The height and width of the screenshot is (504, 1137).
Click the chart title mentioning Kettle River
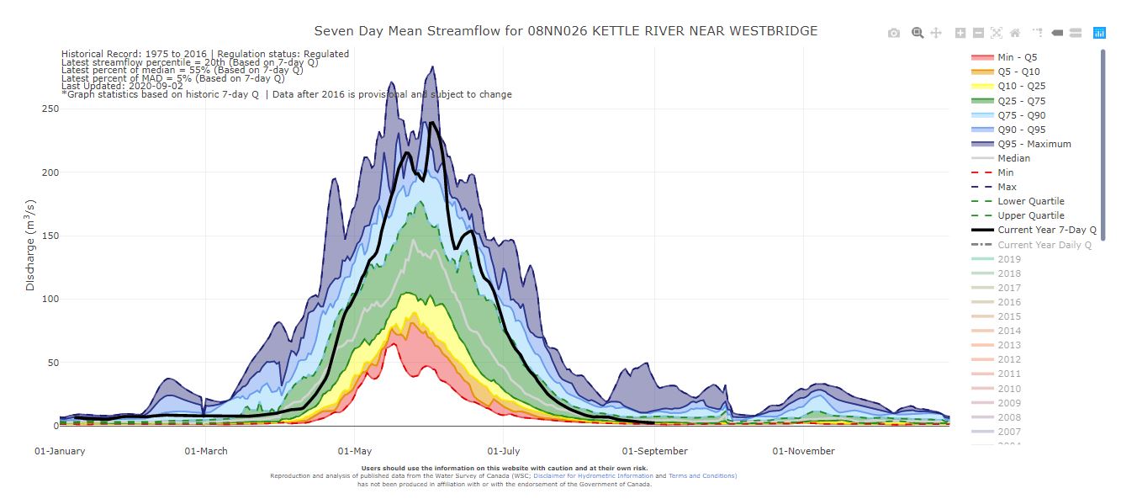click(x=565, y=31)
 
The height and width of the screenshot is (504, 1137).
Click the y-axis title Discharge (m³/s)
click(x=31, y=246)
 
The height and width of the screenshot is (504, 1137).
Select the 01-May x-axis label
click(x=355, y=451)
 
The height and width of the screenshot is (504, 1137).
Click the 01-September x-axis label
click(x=654, y=451)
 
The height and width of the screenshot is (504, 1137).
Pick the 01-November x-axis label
click(x=803, y=451)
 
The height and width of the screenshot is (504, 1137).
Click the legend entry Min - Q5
click(x=1018, y=57)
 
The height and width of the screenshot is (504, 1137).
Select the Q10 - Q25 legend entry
click(x=1021, y=86)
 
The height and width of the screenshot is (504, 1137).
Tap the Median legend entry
click(x=1013, y=158)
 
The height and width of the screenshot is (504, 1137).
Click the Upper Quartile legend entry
click(x=1031, y=215)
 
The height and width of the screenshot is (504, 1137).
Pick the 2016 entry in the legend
click(x=1009, y=302)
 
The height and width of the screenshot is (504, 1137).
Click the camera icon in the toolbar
click(x=894, y=33)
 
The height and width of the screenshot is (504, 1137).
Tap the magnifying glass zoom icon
click(x=918, y=33)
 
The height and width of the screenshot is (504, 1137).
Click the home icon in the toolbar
click(x=1015, y=33)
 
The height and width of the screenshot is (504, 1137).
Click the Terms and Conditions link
click(x=702, y=476)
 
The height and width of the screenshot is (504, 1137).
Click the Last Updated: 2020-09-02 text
click(x=121, y=87)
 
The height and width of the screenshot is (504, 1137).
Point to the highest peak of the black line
click(x=431, y=123)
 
